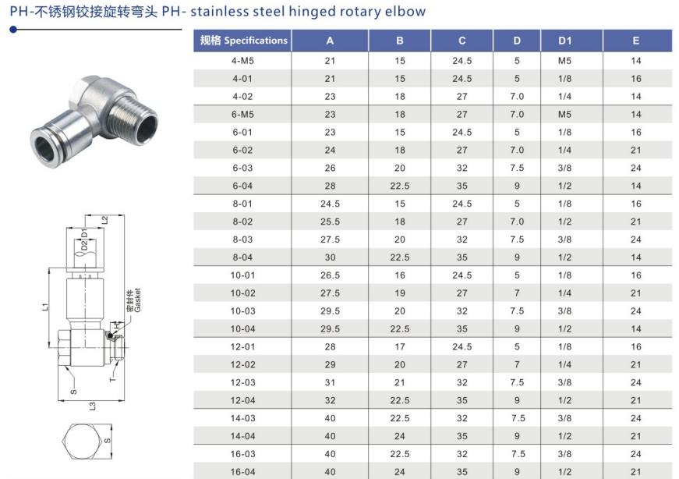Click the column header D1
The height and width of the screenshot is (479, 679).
coord(564,41)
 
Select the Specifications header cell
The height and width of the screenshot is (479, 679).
coord(243,41)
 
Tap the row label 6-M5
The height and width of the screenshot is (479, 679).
coord(242,115)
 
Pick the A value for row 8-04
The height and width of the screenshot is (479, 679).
coord(330,257)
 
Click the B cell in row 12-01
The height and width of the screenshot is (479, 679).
coord(400,347)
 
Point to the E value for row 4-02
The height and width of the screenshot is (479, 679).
coord(635,97)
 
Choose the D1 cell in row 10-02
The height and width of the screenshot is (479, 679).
coord(564,293)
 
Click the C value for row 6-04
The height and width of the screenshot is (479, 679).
coord(462,186)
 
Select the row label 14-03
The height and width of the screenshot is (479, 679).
coord(242,418)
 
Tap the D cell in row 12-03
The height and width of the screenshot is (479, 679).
coord(517,383)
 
